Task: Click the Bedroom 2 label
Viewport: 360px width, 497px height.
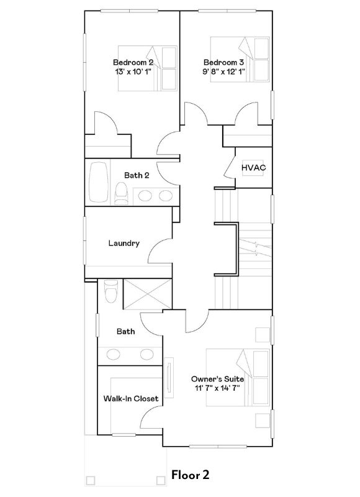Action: (133, 62)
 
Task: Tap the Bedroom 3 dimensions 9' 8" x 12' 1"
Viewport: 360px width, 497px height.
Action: (224, 71)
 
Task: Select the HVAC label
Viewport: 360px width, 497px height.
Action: (254, 168)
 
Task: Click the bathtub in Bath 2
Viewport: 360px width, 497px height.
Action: (99, 182)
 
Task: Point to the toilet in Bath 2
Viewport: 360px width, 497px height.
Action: (121, 193)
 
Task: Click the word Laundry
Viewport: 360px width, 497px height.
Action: (124, 243)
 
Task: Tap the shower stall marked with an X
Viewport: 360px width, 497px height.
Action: (148, 294)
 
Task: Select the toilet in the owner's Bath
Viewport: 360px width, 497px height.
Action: (111, 291)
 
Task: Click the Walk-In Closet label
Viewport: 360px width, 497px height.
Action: (131, 398)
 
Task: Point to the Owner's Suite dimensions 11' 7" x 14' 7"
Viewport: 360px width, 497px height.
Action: (217, 388)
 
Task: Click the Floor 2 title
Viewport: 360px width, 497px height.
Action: (191, 475)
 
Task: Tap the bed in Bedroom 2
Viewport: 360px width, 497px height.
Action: (148, 68)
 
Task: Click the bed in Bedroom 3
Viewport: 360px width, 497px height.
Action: (240, 60)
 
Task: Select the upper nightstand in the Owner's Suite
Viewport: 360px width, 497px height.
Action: (263, 335)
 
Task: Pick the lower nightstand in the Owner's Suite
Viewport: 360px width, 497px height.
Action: (263, 421)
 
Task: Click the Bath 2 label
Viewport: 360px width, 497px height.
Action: (137, 175)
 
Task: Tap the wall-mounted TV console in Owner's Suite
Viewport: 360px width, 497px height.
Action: (169, 378)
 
